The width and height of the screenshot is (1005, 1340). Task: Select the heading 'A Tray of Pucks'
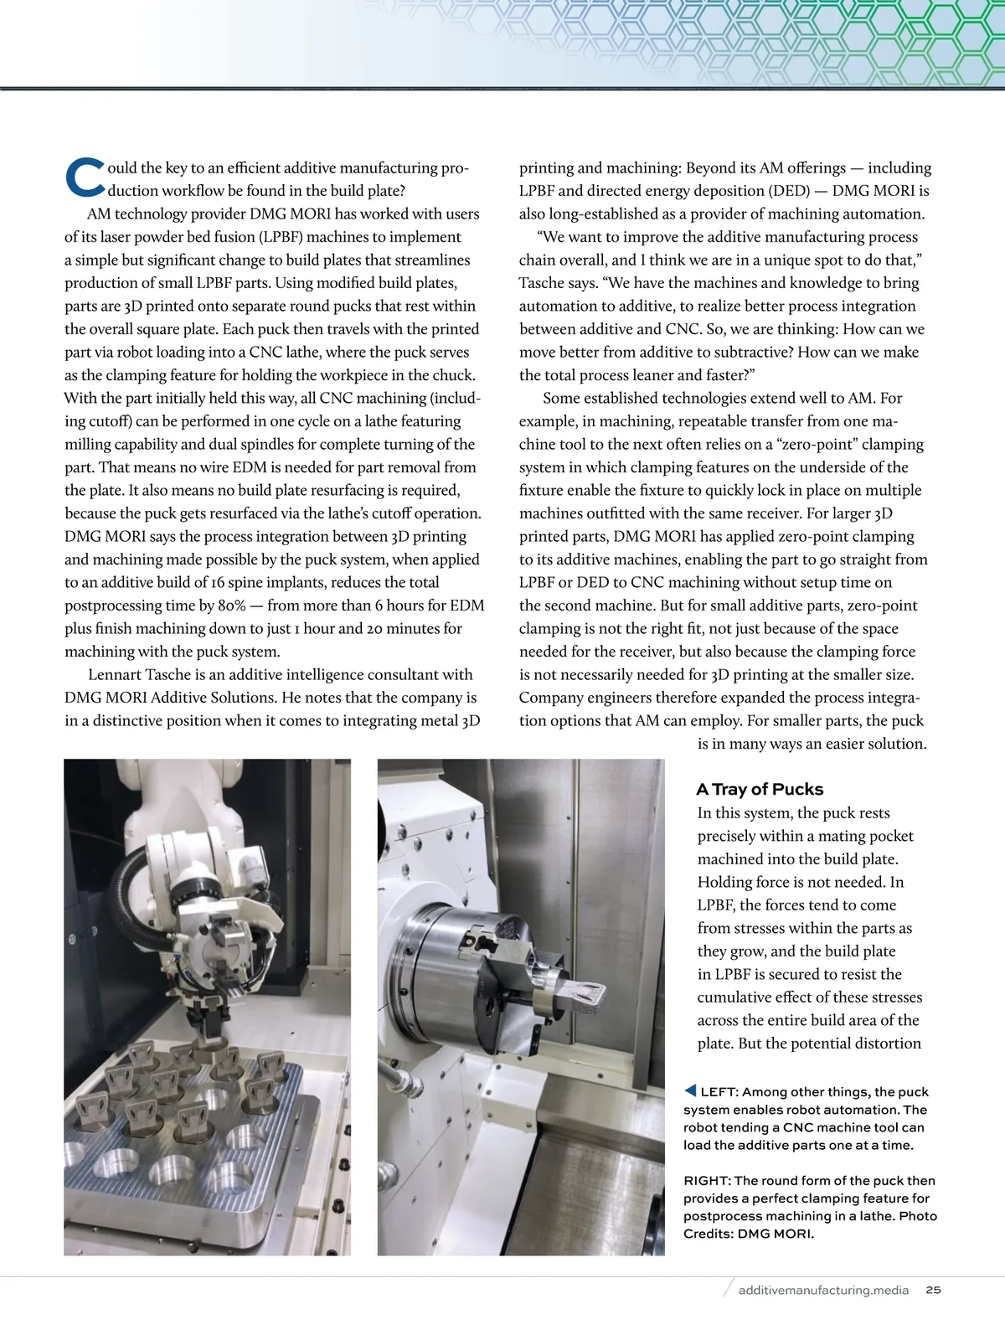point(760,789)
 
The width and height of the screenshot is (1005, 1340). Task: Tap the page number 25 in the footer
point(933,1290)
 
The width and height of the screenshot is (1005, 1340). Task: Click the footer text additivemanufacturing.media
point(823,1290)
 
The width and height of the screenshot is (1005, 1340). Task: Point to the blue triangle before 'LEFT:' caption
point(690,1090)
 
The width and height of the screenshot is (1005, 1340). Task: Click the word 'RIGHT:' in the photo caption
point(708,1180)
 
